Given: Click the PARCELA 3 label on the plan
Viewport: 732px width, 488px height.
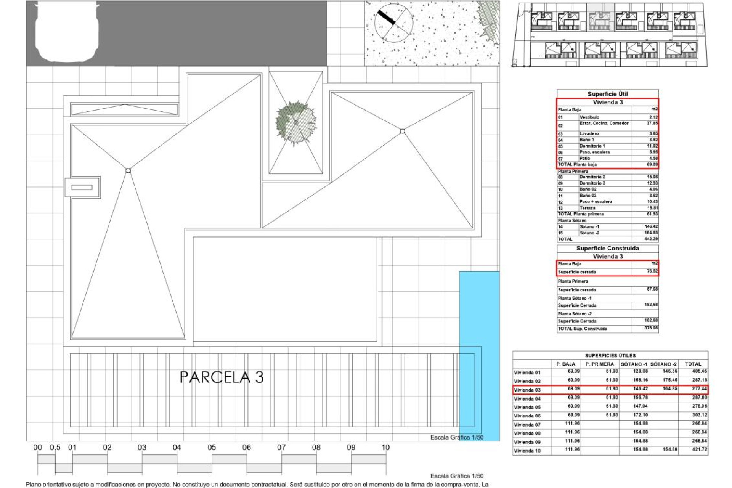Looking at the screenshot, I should coord(222,377).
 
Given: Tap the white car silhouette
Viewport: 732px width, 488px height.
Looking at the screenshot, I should coord(67,32).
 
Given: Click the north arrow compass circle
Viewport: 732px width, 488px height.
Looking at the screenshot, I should coord(393,22).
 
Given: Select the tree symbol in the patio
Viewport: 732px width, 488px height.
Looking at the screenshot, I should coord(296,123).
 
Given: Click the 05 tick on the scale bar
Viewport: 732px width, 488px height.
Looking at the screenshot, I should coord(212,448).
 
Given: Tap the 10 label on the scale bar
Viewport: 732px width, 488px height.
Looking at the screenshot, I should coord(385,448).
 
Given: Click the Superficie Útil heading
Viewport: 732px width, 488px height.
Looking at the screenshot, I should coord(607,94).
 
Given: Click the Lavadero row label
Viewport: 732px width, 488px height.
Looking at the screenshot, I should coord(589,134).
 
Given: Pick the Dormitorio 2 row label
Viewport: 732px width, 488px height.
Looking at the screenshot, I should coord(592,177).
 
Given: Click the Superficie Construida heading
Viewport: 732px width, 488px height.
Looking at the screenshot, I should coord(607,248).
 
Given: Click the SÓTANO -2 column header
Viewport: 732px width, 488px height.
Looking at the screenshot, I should coord(664,364).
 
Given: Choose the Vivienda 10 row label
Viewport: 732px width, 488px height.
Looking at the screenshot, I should coord(527,451).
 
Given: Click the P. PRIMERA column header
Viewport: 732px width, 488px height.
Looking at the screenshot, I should coord(600,364).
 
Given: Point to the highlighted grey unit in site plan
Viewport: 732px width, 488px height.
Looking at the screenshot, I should coord(600,17).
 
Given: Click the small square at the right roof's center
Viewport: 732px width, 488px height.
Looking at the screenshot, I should coord(403,131).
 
